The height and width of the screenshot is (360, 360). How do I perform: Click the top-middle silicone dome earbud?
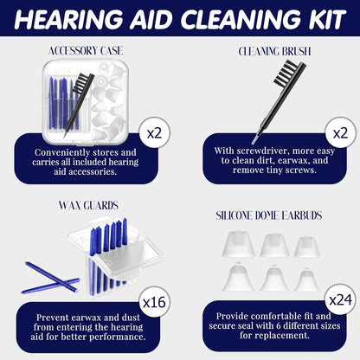click(x=272, y=245)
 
